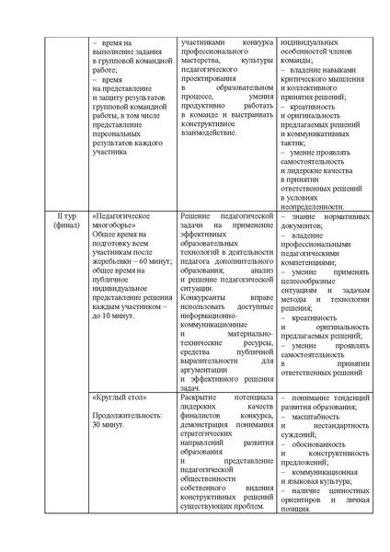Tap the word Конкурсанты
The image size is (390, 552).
(x=207, y=298)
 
